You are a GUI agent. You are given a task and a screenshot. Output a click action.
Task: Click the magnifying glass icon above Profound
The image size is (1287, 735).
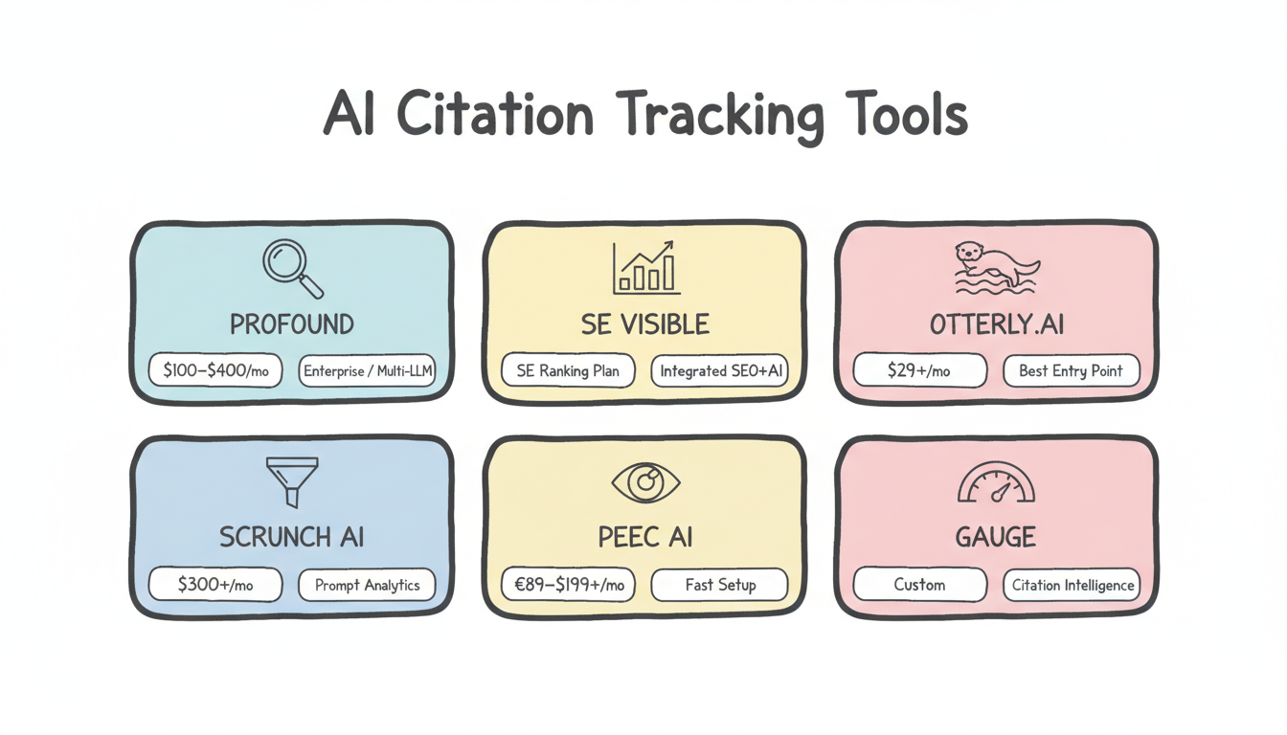tap(291, 268)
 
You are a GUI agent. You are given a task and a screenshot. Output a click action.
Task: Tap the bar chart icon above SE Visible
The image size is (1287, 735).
tap(645, 267)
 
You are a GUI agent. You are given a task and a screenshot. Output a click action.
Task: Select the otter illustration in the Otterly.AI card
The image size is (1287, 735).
tap(996, 266)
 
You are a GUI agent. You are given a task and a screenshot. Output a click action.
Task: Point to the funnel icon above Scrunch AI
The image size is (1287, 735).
tap(291, 481)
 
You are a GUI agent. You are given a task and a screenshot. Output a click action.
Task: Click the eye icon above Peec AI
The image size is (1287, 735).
tap(645, 483)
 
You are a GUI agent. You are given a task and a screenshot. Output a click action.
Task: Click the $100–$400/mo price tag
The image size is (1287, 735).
tap(215, 370)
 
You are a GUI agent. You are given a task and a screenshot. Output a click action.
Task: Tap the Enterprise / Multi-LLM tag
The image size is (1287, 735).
tap(368, 370)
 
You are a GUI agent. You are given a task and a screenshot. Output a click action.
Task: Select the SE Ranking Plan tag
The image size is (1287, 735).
tap(568, 370)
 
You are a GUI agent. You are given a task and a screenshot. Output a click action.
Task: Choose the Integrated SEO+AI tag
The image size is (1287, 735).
tap(720, 370)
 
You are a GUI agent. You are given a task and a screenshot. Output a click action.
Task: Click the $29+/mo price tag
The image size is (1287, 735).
tap(919, 370)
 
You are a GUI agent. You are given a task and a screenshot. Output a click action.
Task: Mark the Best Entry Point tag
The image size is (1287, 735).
tap(1071, 370)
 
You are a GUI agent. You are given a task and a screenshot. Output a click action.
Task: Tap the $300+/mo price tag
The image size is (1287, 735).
tap(215, 585)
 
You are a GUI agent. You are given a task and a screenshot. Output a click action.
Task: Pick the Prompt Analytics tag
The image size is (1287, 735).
tap(368, 585)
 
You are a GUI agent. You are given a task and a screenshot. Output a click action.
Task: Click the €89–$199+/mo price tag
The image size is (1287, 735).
tap(568, 585)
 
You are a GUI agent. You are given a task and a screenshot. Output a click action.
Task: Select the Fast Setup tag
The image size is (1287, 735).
tap(720, 585)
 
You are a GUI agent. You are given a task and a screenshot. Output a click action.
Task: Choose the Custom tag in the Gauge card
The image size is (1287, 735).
tap(919, 585)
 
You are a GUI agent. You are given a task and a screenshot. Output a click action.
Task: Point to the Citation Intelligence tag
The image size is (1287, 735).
tap(1071, 585)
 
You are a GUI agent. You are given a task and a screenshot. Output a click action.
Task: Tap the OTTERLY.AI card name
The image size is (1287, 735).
tap(996, 324)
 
